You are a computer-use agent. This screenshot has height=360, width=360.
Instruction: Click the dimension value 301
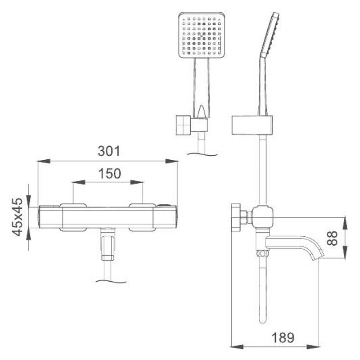tap(109, 151)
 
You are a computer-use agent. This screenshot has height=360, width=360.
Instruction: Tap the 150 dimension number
tap(109, 174)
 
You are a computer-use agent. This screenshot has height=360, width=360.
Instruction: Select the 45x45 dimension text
tap(17, 217)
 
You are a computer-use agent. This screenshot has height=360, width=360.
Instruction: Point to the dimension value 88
tap(332, 238)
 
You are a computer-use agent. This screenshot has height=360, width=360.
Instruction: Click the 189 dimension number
tap(283, 337)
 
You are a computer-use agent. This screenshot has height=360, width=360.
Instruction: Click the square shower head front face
tap(202, 35)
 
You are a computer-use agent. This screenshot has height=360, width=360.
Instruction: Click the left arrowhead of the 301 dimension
tap(44, 161)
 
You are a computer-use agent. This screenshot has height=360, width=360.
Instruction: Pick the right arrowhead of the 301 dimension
tap(171, 161)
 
